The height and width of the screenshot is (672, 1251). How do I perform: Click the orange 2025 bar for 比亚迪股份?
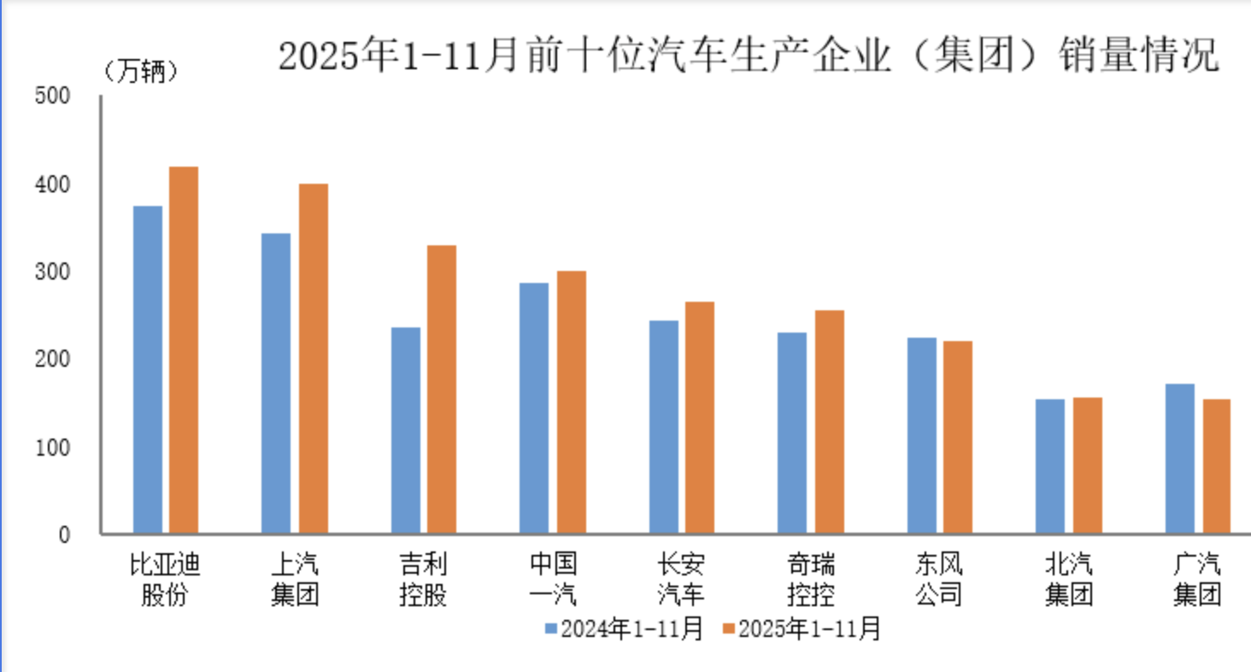[x=183, y=351]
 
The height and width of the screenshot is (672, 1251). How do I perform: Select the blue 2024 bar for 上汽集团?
[x=275, y=384]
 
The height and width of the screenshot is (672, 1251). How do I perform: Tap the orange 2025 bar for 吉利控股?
[x=441, y=390]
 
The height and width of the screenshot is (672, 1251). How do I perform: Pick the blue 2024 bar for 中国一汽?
[x=534, y=409]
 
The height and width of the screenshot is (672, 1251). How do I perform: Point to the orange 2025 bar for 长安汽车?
[x=699, y=418]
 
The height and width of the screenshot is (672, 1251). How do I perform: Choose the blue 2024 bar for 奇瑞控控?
[x=791, y=433]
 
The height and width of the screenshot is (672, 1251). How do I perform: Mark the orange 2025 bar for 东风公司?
[x=957, y=438]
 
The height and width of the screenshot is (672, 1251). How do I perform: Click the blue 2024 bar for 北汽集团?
[x=1050, y=467]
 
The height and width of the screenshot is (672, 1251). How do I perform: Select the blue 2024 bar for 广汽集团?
[x=1179, y=459]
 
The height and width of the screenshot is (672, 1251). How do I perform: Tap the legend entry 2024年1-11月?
[x=625, y=629]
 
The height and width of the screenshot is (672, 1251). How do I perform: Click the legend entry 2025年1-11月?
[x=801, y=629]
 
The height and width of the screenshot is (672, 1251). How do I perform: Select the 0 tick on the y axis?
[x=62, y=535]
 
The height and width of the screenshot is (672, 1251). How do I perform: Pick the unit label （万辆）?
[x=140, y=72]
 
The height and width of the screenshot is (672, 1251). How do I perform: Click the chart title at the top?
[x=748, y=56]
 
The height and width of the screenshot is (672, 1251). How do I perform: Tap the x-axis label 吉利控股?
[x=423, y=579]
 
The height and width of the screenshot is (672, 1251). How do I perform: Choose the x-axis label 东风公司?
[x=938, y=579]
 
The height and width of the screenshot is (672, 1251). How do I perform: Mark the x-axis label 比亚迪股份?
[x=165, y=579]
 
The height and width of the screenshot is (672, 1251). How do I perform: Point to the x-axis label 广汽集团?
[x=1197, y=579]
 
